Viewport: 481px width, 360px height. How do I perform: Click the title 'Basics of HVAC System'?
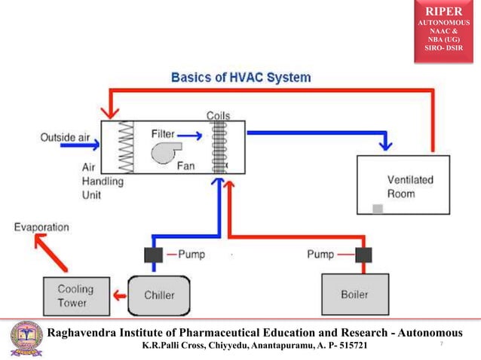[240, 78]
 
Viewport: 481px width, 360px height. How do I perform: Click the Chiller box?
[160, 294]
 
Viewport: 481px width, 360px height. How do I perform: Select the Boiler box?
[355, 294]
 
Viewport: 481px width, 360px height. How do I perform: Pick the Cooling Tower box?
[75, 295]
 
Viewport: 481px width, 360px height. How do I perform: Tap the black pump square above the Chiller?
[153, 255]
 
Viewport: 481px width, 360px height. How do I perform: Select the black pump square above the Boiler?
[363, 255]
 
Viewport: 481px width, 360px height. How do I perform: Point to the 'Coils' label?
[219, 115]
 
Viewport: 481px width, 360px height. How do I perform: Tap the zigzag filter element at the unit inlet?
[125, 147]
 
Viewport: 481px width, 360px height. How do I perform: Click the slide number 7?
[440, 344]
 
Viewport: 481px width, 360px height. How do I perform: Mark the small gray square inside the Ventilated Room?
[378, 208]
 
